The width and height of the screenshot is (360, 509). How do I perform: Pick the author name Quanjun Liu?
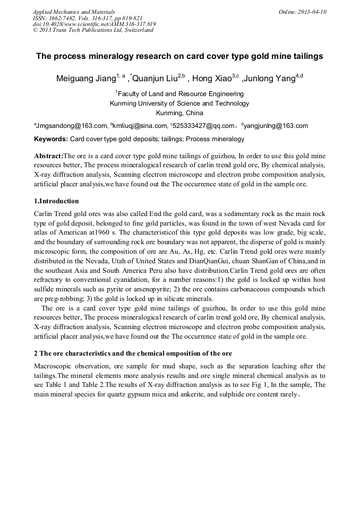(155, 79)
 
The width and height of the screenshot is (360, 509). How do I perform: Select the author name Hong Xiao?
(212, 79)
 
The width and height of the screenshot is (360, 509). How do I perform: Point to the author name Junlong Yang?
(270, 79)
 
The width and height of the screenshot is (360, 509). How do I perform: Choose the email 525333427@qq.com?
(204, 126)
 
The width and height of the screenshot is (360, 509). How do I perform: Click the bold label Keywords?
(51, 140)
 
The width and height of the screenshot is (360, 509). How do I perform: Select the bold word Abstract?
(48, 156)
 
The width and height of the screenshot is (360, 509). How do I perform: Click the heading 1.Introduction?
(56, 201)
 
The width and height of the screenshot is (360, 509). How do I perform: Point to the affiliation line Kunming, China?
(179, 113)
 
